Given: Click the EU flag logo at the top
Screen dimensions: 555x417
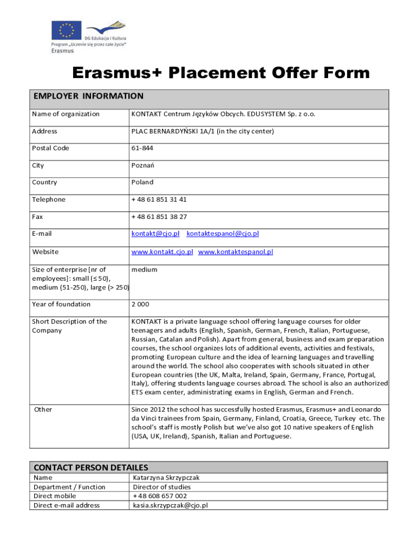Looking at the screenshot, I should tap(66, 30).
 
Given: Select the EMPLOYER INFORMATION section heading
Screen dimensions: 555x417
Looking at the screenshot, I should tap(88, 96).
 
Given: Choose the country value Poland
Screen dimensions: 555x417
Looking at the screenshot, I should tap(142, 182).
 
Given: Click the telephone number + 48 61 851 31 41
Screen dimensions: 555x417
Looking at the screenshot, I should tap(159, 199).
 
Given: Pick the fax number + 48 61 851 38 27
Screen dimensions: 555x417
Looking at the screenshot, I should tap(159, 217).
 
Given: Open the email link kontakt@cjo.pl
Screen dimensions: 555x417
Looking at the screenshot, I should tap(155, 234).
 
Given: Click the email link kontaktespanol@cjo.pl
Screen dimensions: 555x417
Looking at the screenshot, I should tap(223, 234).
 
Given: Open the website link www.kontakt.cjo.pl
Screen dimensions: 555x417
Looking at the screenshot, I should tap(162, 252).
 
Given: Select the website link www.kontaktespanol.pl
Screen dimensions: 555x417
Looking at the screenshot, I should tap(236, 252).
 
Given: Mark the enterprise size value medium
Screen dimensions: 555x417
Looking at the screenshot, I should tap(144, 269).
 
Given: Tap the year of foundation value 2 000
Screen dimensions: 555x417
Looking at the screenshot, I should tap(140, 304).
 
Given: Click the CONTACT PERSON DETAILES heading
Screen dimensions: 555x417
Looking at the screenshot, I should tap(91, 467).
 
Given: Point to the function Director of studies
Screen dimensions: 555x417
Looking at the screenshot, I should tap(162, 487).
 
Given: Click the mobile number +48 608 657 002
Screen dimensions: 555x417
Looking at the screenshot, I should tap(160, 496).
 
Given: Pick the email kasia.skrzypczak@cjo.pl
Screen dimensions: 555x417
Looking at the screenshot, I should tap(171, 505).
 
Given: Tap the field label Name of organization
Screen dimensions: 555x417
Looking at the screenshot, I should tap(66, 114).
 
